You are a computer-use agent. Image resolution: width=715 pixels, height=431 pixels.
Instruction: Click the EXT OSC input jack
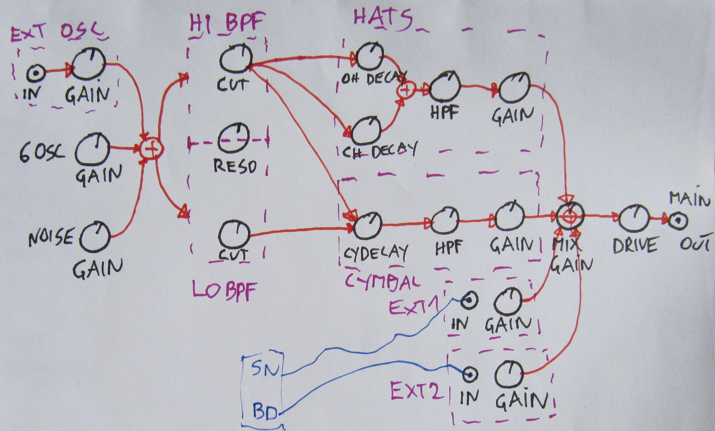click(x=35, y=73)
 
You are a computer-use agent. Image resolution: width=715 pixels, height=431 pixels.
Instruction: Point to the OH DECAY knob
click(x=369, y=57)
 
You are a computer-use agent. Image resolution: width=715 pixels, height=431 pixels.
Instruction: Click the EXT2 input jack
click(x=471, y=374)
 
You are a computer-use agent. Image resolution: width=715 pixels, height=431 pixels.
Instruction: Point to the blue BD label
click(x=265, y=413)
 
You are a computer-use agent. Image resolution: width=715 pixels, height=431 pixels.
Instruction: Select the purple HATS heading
click(x=382, y=18)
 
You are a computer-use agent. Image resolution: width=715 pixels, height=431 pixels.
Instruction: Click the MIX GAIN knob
click(x=571, y=216)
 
